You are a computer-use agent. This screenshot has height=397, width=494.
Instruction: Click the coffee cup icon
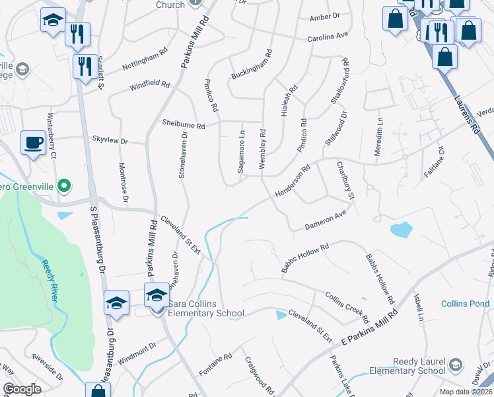[x=33, y=142]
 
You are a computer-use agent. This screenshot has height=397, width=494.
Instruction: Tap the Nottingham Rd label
[x=140, y=62]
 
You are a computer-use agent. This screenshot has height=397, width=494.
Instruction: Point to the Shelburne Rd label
[x=184, y=124]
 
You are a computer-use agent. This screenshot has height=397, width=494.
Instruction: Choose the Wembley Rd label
[x=263, y=150]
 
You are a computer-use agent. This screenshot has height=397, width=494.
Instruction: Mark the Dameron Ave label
[x=326, y=221]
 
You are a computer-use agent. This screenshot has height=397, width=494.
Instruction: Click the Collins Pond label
[x=466, y=304]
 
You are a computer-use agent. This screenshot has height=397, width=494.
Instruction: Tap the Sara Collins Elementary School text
[x=206, y=308]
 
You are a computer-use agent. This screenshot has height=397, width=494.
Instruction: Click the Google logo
[x=22, y=389]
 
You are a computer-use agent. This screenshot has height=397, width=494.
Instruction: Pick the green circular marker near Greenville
[x=64, y=186]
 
